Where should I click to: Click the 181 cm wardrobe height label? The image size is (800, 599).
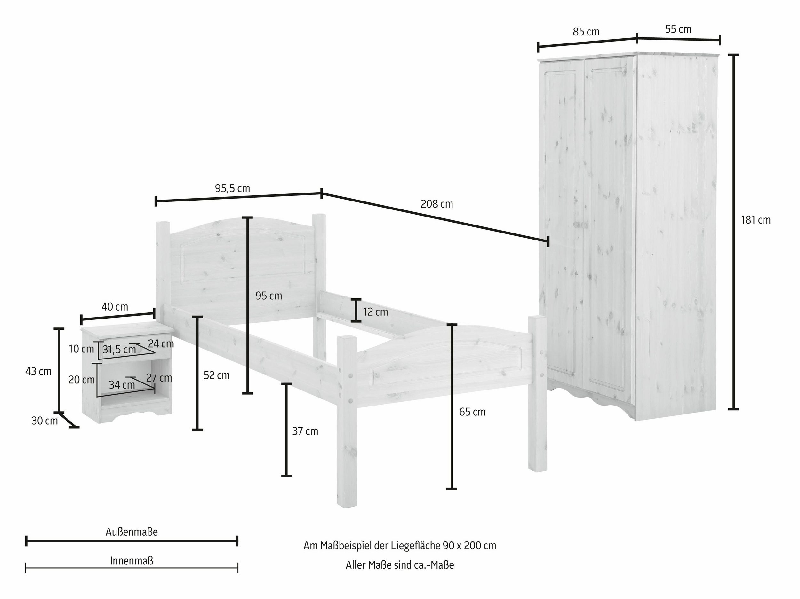[756, 220]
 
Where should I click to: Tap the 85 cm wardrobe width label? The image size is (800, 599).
[586, 32]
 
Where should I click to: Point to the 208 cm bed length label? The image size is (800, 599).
[436, 204]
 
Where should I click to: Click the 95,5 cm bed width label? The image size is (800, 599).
[233, 188]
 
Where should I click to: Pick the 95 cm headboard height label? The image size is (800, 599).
[269, 296]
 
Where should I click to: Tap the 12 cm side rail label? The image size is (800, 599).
[375, 312]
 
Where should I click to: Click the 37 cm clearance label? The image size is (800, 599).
[305, 431]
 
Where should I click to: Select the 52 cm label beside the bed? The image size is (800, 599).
[217, 375]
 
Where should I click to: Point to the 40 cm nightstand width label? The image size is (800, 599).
[115, 307]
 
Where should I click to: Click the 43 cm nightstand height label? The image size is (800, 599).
[38, 372]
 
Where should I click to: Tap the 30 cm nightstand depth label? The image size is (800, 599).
[44, 421]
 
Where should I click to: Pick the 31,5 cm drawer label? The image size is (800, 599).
[119, 350]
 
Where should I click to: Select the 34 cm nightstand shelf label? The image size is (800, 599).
[122, 385]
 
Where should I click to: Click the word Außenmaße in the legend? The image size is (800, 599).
[132, 532]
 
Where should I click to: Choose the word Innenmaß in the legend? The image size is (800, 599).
[132, 561]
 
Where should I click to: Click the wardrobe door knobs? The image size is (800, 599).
[581, 225]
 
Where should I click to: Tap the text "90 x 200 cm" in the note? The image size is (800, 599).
[469, 546]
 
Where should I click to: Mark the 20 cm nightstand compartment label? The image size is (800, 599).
[82, 380]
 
